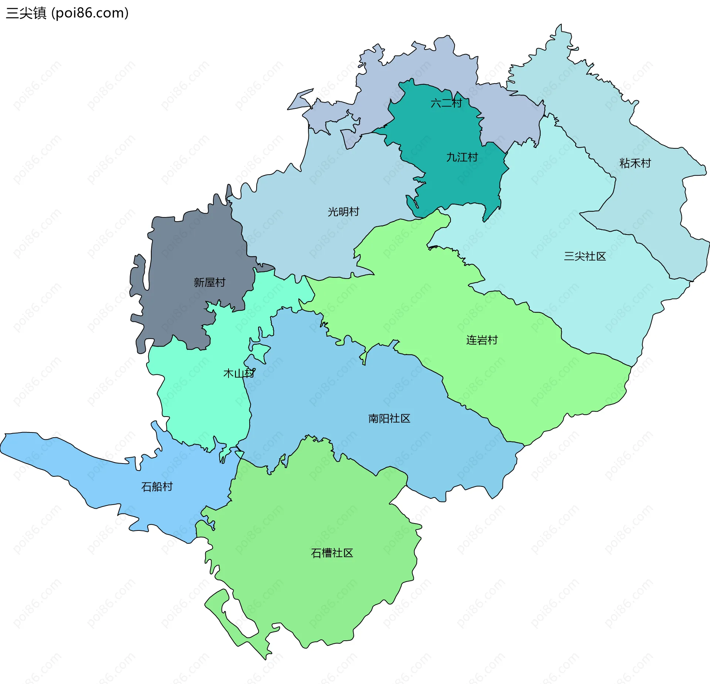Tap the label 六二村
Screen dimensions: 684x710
[446, 103]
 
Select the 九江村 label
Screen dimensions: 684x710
[462, 157]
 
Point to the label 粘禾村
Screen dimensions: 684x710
[635, 163]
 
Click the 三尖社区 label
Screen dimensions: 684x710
[585, 256]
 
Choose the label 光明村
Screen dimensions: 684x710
[343, 212]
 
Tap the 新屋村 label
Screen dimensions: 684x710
[209, 282]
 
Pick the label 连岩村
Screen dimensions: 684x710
[482, 340]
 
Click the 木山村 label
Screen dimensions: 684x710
[239, 373]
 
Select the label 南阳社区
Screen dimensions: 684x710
[389, 418]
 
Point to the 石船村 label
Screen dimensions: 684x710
[157, 486]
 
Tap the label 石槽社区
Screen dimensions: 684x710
[332, 553]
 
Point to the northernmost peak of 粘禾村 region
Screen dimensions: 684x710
[561, 26]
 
